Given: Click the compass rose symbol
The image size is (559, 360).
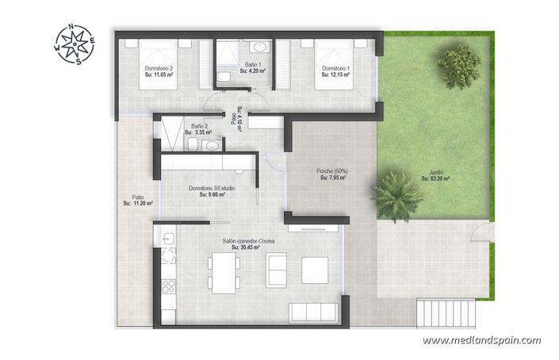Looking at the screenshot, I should click(75, 45).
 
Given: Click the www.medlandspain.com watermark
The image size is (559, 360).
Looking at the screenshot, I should click(481, 340).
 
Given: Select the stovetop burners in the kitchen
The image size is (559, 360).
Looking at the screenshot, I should click(169, 287).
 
